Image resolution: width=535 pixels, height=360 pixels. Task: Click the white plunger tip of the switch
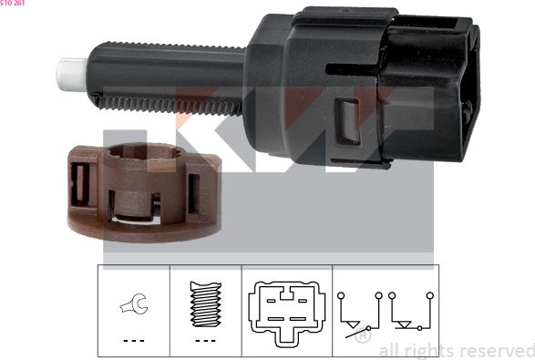point(72,75)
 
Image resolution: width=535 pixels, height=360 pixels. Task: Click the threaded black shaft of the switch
point(167,77)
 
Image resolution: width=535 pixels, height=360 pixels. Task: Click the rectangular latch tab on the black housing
point(347,121)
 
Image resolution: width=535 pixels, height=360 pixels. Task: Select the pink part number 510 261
point(12,3)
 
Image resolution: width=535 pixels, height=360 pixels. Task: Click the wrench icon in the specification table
point(134,303)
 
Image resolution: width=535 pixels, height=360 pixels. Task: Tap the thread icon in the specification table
point(205,304)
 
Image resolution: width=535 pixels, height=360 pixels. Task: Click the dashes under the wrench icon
point(134,341)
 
